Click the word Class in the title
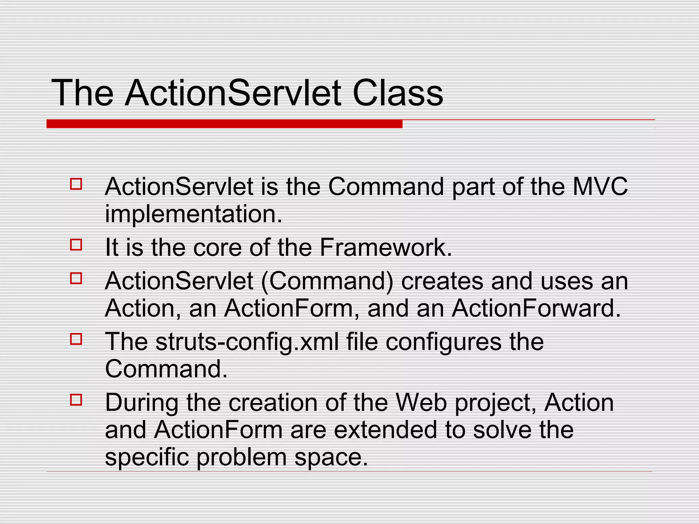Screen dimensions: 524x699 397,93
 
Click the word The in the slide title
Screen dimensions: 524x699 82,93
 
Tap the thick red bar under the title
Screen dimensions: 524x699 224,124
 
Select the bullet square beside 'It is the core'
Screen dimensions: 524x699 76,245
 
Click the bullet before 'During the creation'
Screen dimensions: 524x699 76,400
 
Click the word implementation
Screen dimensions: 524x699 194,214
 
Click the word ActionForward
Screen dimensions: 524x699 536,308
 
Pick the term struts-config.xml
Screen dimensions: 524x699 247,342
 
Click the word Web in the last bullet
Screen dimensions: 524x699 421,403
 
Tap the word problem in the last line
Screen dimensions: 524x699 241,458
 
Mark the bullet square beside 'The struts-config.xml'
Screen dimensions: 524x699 76,339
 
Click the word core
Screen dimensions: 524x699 217,248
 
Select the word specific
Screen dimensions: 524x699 147,458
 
